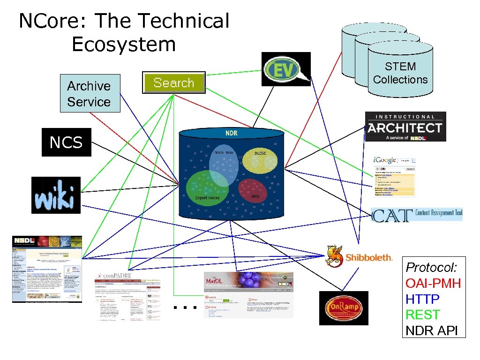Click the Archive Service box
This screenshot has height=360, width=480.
pos(90,93)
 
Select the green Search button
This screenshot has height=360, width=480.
pos(174,82)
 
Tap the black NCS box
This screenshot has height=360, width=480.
pos(66,142)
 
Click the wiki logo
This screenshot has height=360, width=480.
pos(56,195)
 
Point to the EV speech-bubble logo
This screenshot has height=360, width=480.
pos(286,69)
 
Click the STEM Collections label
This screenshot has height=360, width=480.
pos(400,73)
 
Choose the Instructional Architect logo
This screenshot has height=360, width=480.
pos(405,127)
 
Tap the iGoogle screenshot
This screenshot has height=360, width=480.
pos(394,175)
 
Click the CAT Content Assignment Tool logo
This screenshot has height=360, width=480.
pos(416,215)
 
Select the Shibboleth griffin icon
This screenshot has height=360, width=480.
pos(335,256)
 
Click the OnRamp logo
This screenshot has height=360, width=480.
pos(343,308)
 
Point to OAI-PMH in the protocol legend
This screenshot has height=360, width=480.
pos(433,283)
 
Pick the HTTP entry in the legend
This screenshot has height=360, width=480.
pos(422,299)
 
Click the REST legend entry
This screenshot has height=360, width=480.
pos(422,315)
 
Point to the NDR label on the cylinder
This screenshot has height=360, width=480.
pos(231,133)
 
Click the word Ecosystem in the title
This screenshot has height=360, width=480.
pos(124,45)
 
